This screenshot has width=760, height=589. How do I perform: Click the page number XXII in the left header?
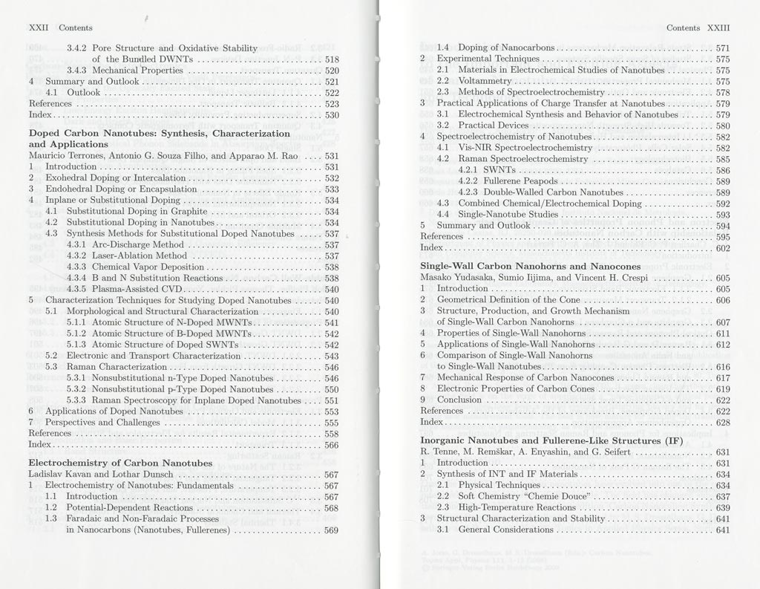click(38, 28)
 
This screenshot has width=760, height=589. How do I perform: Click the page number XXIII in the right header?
click(718, 28)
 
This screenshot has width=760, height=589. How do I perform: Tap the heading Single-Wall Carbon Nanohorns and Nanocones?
click(530, 266)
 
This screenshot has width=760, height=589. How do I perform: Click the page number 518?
click(332, 59)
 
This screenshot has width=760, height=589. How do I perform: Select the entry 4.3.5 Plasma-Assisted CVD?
click(124, 289)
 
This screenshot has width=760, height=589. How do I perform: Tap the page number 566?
click(332, 445)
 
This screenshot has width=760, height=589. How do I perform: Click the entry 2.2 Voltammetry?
click(474, 81)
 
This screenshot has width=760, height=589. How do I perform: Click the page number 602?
click(723, 248)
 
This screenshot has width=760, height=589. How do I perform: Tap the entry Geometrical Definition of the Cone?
click(508, 300)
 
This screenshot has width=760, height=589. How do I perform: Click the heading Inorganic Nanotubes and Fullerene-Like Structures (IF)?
click(551, 440)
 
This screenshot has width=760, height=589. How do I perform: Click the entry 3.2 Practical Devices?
click(482, 126)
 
